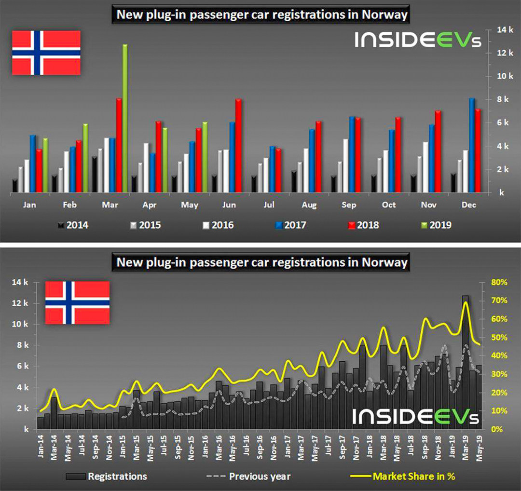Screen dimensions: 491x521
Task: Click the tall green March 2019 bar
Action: tap(125, 118)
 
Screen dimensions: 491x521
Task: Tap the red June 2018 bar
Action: tap(238, 145)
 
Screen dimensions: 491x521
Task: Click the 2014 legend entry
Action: tap(73, 224)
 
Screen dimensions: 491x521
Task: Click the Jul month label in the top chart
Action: tap(269, 205)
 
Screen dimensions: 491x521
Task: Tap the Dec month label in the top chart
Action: tap(468, 205)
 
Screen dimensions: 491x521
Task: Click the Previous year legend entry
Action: tap(252, 476)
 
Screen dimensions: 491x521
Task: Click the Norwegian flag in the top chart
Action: tap(46, 53)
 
